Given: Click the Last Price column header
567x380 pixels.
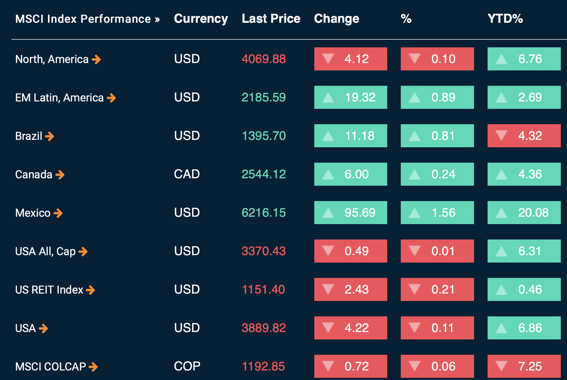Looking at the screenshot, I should point(271,19).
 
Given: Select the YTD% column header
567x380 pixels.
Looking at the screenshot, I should point(505,19).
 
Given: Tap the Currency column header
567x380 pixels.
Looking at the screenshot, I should point(201,19).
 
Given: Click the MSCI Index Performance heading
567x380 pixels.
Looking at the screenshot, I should point(87,19).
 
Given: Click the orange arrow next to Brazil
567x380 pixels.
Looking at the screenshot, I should point(49,136).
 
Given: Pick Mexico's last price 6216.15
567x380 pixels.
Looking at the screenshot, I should point(263,212).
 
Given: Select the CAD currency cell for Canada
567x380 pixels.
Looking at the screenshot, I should point(187,174).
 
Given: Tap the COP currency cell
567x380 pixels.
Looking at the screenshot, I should point(187,366).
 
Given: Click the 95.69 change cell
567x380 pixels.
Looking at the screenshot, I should point(350,212).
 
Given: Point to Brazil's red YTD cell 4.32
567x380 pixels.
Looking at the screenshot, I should point(524,136).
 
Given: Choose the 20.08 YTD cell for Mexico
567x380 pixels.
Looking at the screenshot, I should point(524,212).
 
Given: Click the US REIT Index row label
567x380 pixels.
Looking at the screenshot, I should point(49,290).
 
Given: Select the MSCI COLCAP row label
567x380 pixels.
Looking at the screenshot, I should point(51,367).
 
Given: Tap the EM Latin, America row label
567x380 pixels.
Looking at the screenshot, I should point(59,98).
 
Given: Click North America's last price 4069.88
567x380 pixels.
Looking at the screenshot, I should point(263,59).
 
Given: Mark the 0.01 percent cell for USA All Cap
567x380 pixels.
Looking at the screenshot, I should point(437,251).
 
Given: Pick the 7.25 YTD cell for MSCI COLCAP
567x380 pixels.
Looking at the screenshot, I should point(524,366).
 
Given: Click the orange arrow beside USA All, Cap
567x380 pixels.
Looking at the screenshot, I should point(83,251).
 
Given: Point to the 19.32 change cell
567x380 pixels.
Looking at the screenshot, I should point(350,97).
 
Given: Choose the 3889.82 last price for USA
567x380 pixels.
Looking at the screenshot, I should point(263,328).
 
